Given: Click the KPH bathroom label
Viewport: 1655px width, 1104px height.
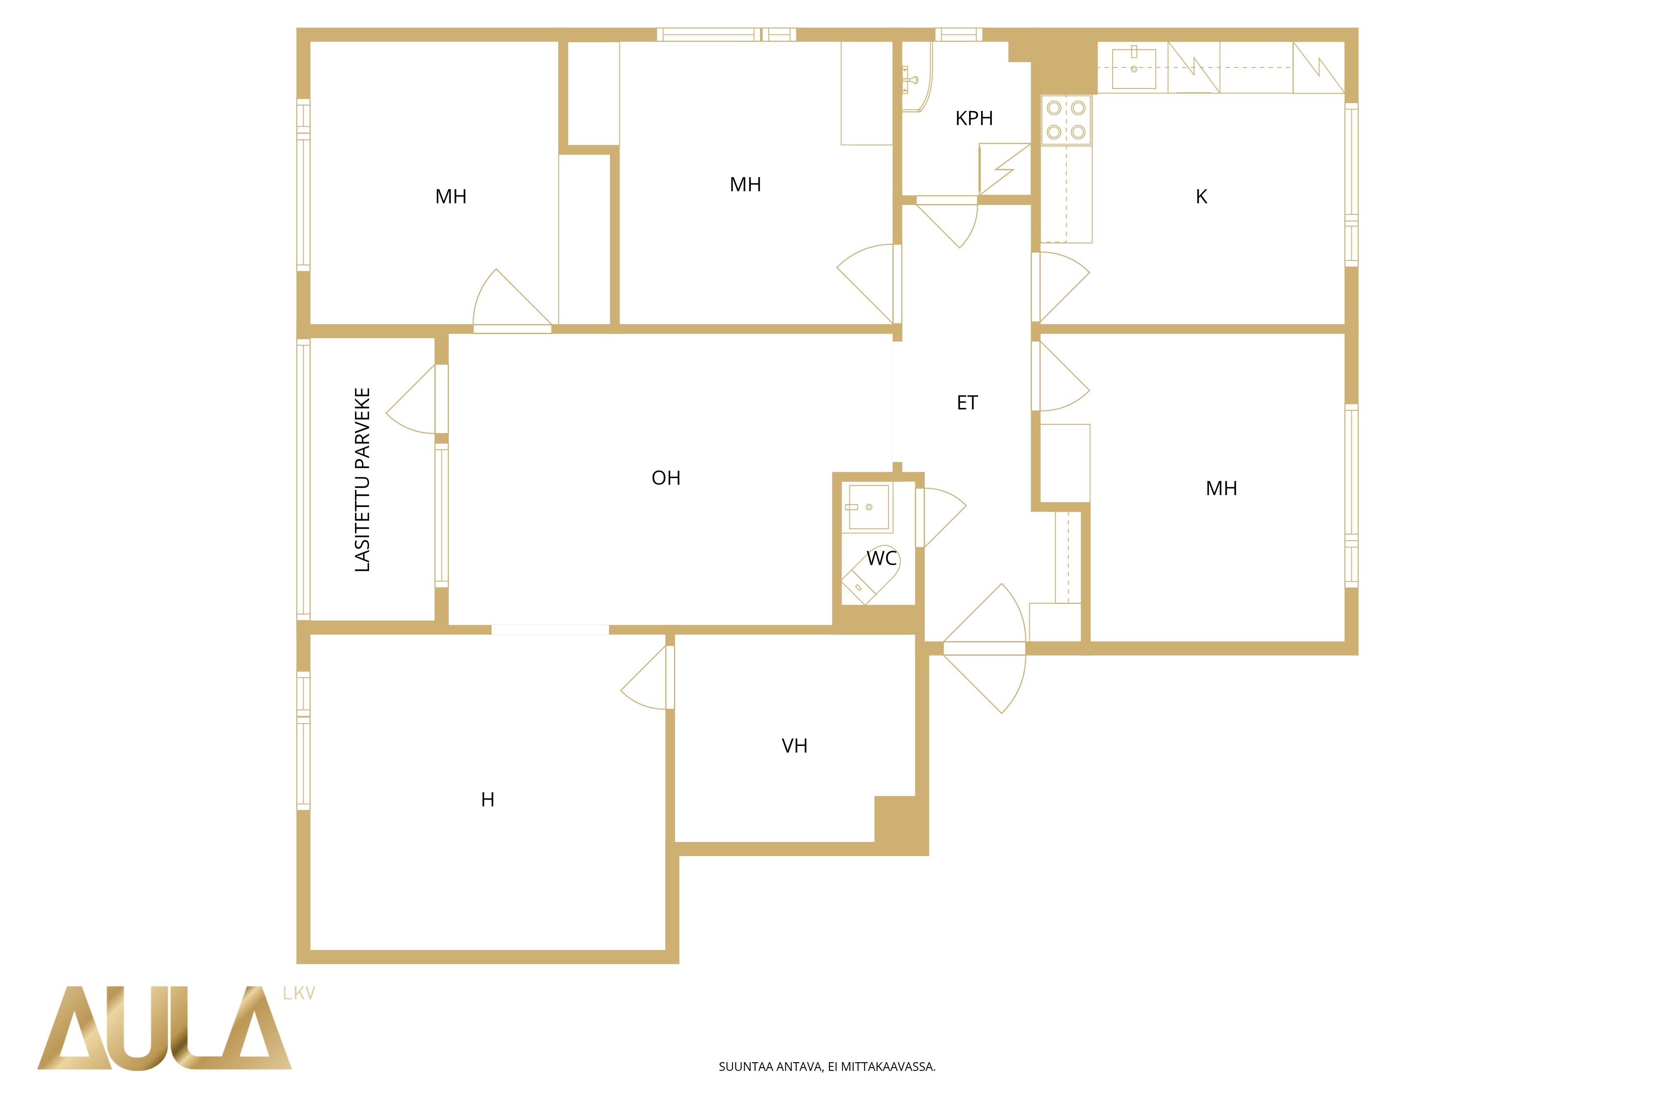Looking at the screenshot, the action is click(974, 118).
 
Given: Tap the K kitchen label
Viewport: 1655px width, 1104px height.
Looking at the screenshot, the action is click(1201, 197).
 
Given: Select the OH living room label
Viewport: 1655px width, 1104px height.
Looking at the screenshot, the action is click(666, 478).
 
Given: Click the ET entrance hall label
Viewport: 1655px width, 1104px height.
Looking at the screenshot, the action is click(967, 403).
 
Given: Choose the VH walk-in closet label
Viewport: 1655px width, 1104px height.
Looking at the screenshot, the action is click(794, 746).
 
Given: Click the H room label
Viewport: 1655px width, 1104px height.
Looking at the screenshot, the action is click(488, 800).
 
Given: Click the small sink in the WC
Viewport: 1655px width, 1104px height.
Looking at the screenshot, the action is click(869, 507).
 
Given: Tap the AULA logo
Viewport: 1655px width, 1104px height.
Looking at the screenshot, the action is click(164, 1028).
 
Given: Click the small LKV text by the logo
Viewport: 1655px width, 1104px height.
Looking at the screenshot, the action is click(299, 993).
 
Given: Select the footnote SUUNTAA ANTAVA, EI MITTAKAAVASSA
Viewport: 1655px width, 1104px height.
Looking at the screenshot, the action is click(827, 1067).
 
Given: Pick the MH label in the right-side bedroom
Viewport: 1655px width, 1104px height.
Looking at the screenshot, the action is click(1221, 488).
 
